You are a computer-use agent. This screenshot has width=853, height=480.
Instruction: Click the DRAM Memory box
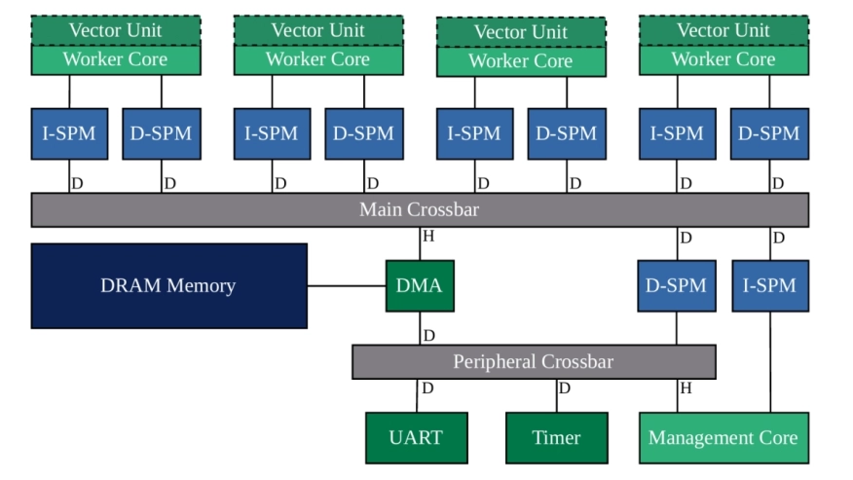pos(168,285)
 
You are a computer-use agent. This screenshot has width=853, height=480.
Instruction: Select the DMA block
pos(420,285)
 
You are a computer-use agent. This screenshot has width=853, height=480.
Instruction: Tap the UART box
pos(416,437)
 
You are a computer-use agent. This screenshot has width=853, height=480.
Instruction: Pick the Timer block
pos(556,437)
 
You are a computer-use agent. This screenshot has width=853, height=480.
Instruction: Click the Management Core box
pos(723,437)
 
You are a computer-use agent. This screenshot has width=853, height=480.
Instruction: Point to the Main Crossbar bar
pos(419,209)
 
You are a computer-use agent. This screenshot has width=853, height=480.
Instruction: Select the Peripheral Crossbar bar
pos(533,361)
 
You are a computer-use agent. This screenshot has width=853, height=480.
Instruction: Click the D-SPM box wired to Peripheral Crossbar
pos(676,285)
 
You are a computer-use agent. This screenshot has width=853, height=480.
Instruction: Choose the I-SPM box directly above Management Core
pos(769,285)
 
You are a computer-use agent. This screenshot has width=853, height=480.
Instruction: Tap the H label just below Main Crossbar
pos(428,237)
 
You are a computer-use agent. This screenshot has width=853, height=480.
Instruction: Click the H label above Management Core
pos(686,388)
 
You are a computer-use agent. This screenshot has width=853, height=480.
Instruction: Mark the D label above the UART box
pos(427,388)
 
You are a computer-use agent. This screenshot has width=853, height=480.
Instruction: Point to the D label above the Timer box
pos(565,388)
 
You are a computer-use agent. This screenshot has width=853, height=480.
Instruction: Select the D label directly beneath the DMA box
pos(428,336)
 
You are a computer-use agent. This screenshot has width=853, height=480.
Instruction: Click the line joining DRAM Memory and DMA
pos(346,285)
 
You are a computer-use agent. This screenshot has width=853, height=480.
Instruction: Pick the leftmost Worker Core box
pos(115,59)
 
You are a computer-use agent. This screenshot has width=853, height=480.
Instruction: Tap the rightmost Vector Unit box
pos(723,30)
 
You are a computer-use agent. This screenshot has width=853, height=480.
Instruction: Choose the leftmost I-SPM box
pos(69,133)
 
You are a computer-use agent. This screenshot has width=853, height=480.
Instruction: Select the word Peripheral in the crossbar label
pos(495,361)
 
